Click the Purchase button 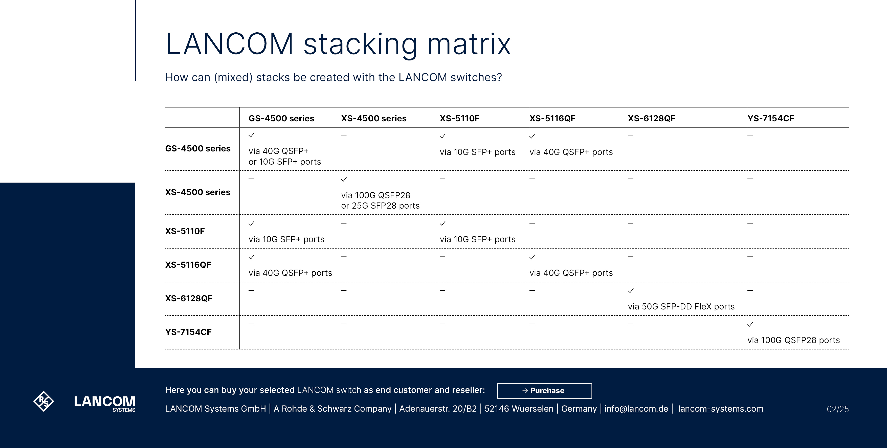point(544,391)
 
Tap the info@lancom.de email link point(636,409)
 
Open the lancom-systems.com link point(720,409)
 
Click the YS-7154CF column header point(771,119)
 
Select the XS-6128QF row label point(189,299)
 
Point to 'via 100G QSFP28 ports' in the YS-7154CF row point(793,340)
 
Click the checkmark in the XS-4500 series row point(344,179)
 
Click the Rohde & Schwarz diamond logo point(44,401)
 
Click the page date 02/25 point(837,409)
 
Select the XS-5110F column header point(459,119)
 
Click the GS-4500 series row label point(198,148)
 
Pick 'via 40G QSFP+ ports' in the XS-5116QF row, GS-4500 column point(290,273)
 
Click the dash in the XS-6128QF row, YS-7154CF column point(750,290)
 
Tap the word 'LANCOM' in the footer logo point(105,401)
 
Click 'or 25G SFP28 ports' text point(380,206)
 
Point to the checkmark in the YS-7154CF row point(750,324)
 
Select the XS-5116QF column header point(552,119)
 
